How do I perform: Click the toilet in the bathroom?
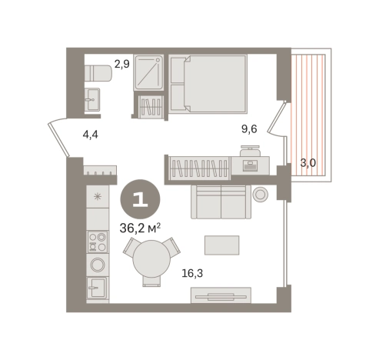pos(98,73)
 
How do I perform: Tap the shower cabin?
pos(148,72)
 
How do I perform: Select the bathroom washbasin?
pos(92,99)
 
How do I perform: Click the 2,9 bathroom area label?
pos(121,64)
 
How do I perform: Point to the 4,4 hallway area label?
pos(90,135)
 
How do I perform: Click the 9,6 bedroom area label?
pos(249,129)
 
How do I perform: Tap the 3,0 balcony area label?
pos(308,163)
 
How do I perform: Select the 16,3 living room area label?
pos(192,273)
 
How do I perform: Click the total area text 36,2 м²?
pos(140,228)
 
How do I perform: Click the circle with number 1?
pos(141,199)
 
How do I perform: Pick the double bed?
pos(208,84)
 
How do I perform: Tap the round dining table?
pos(151,258)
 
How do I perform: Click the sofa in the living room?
pos(221,202)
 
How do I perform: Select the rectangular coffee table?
pos(222,245)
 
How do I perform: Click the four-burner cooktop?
pos(98,242)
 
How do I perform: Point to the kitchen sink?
pos(98,288)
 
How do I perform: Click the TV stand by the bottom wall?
pos(221,295)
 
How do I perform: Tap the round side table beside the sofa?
pos(261,194)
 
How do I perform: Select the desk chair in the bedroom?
pos(250,151)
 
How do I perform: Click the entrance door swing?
pos(58,137)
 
